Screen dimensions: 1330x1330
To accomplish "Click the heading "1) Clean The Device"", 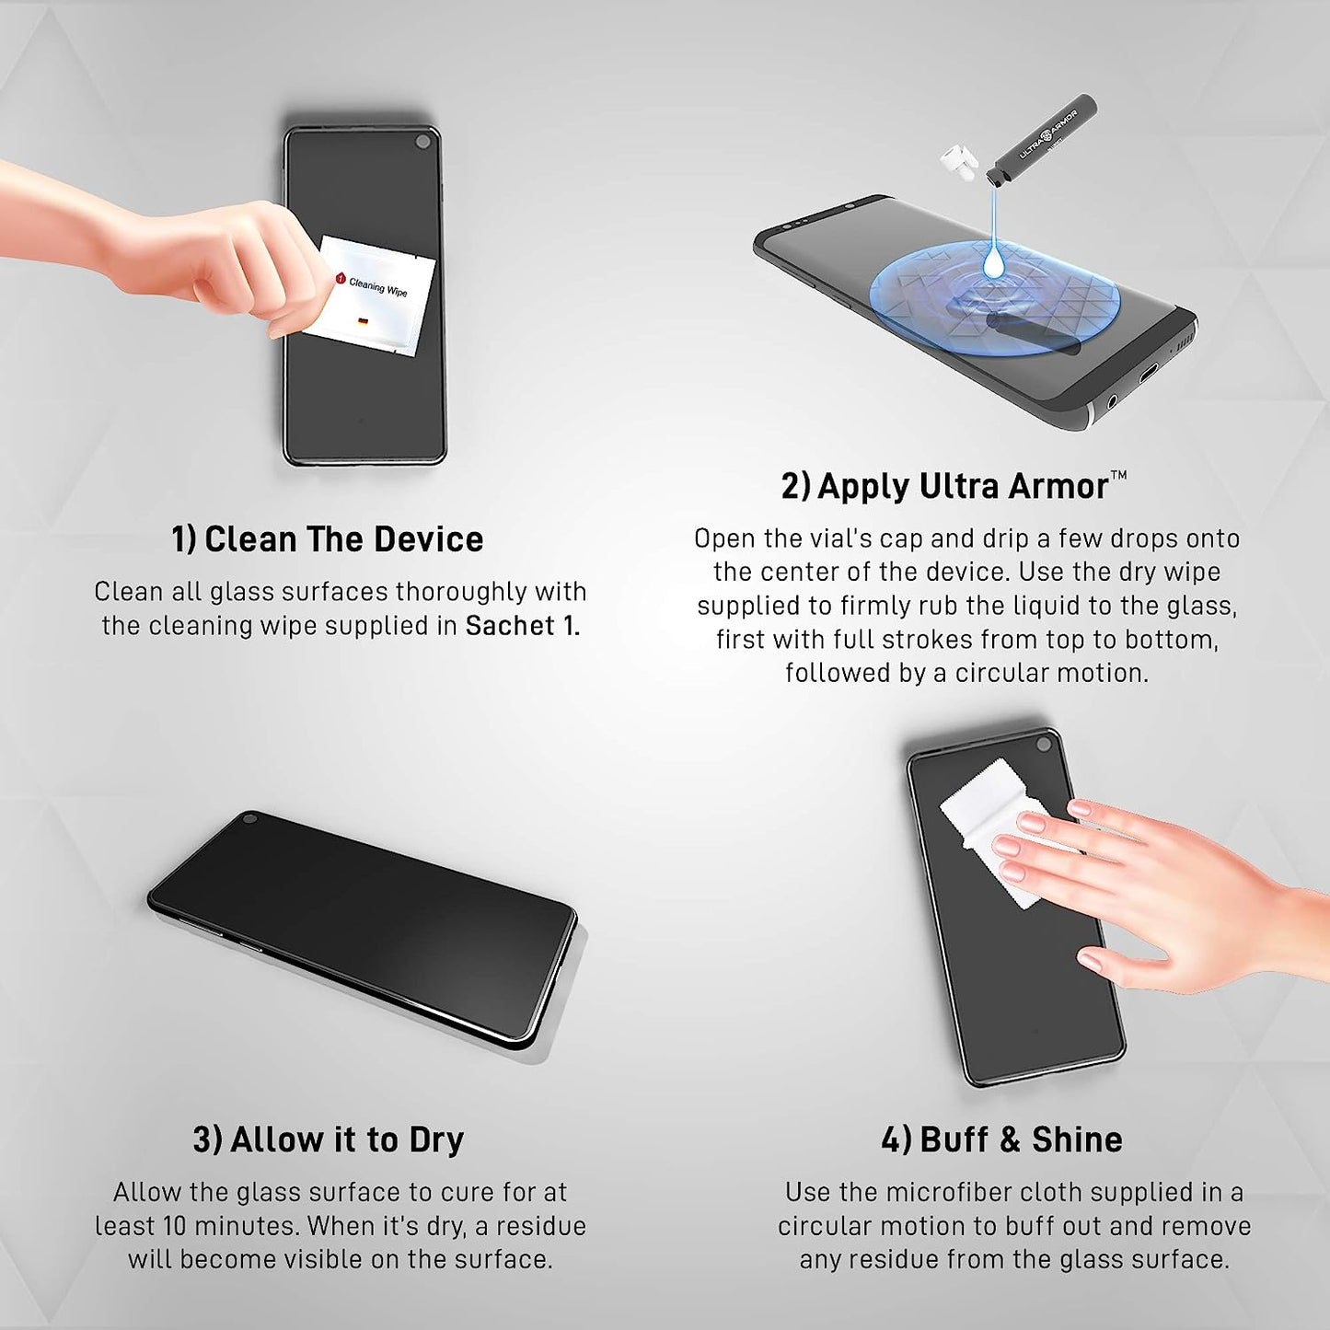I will coord(327,539).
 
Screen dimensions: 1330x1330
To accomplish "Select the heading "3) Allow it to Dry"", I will coord(328,1139).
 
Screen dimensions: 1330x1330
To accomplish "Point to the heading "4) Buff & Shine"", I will coord(1001,1139).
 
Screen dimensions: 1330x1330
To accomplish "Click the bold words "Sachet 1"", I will coord(521,626).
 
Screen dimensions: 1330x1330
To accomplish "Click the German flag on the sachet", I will coord(363,321).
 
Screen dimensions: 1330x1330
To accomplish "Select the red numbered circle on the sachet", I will coord(340,278).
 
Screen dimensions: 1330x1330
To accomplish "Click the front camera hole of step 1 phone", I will coord(422,142).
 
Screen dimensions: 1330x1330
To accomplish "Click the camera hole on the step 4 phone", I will coord(1045,743).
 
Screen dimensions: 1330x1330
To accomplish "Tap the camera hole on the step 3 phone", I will coord(249,817).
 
